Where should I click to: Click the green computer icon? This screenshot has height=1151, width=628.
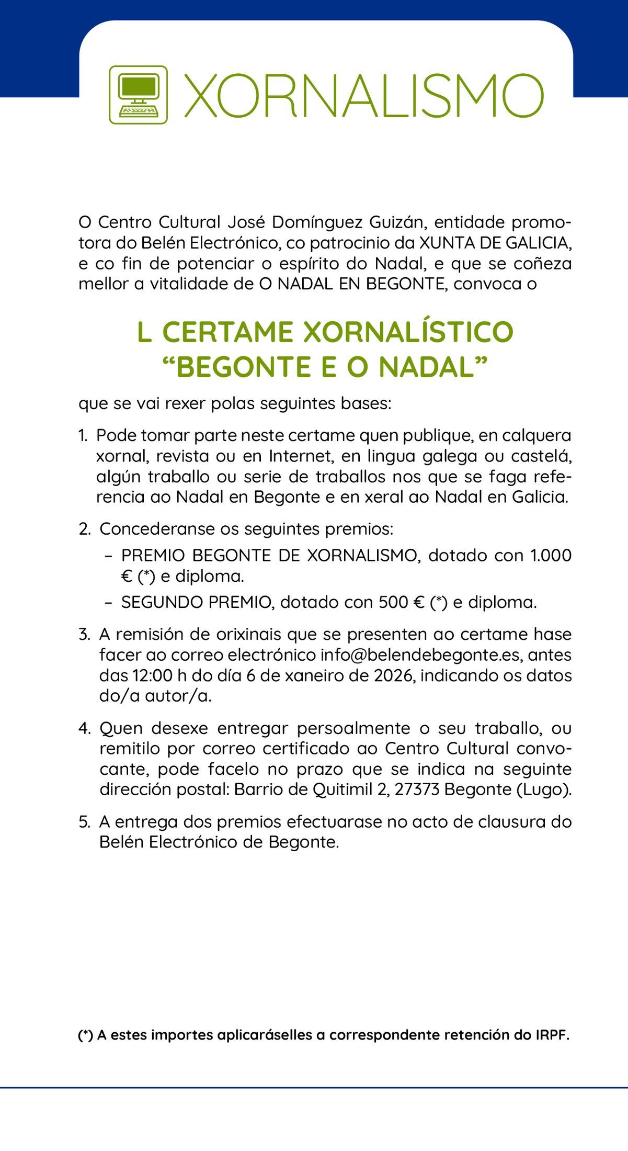pos(138,95)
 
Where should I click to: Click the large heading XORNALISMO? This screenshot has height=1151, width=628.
pos(364,96)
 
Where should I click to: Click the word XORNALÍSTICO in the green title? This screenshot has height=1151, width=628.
pos(408,332)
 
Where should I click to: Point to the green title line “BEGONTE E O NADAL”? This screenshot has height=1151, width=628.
pos(325,367)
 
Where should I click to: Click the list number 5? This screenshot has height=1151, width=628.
pos(85,822)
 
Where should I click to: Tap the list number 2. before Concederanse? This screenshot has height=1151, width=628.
pos(85,529)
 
